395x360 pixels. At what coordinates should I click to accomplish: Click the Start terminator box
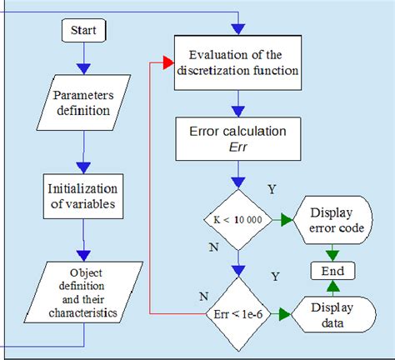83,31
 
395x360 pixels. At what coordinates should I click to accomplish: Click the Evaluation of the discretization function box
237,63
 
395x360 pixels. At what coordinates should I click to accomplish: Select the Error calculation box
237,138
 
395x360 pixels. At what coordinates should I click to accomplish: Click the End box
332,271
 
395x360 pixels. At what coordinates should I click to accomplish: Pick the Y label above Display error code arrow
271,189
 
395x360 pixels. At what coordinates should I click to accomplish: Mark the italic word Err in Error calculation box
237,147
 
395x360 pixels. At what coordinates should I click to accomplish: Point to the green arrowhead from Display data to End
332,287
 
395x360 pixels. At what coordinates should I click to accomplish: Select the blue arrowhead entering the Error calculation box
238,111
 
